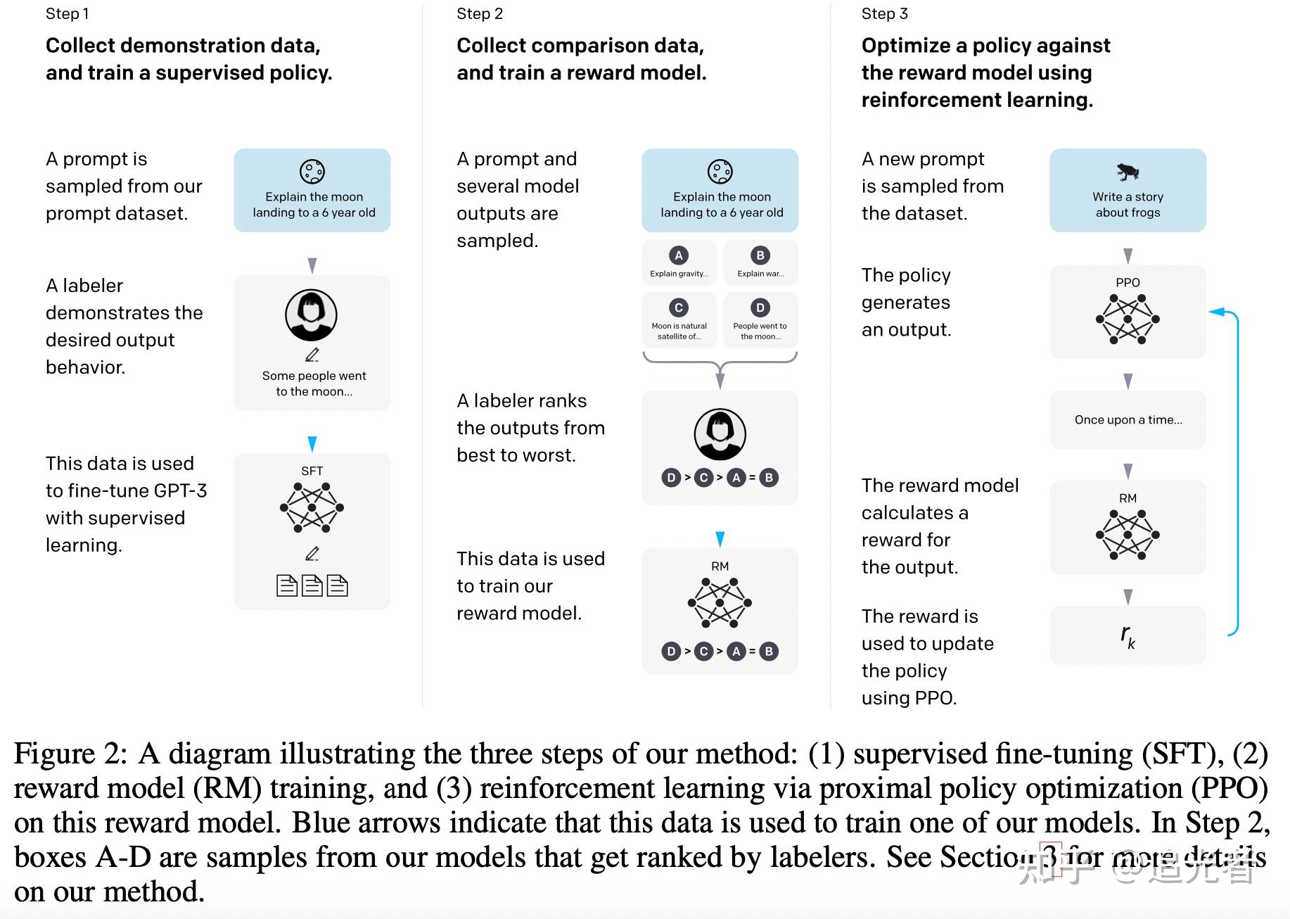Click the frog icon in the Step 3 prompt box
1128,172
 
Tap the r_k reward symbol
1128,635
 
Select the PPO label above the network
1128,282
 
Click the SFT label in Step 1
312,471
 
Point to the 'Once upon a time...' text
1128,420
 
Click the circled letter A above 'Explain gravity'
679,255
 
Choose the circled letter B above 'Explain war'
760,255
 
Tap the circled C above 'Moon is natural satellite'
679,308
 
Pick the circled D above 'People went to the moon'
760,308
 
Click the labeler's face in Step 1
311,314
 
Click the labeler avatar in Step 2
720,433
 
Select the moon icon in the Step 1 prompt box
312,171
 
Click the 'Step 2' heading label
480,14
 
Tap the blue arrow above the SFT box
312,443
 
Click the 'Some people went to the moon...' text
314,384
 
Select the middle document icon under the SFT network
312,585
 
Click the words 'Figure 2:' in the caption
70,754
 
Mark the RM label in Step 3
1128,498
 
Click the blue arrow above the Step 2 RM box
720,539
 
